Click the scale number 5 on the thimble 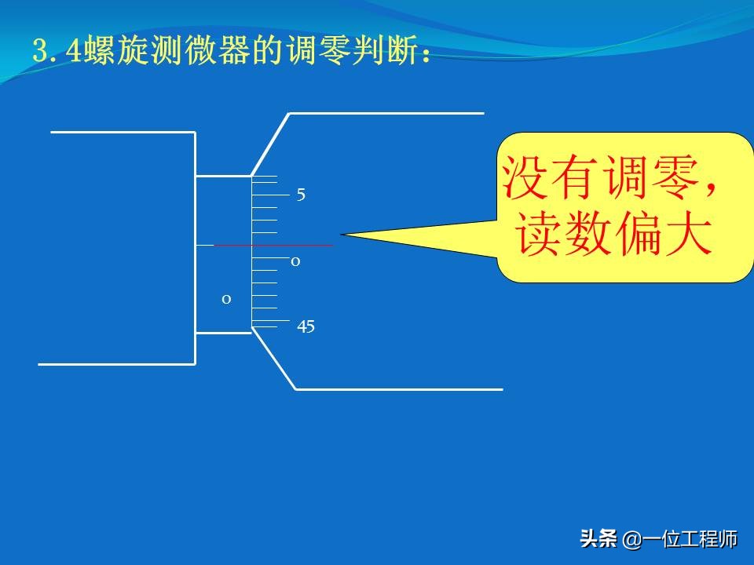[x=301, y=195]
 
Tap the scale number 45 [x=306, y=327]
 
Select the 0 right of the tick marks [x=295, y=261]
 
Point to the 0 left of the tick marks [x=226, y=299]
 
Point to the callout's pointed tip [x=343, y=234]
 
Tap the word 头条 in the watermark [x=598, y=539]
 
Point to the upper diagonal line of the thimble [x=270, y=144]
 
